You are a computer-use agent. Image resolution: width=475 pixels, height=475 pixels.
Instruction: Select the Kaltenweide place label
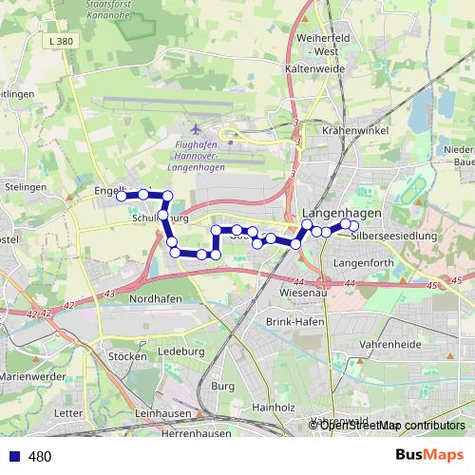pos(313,69)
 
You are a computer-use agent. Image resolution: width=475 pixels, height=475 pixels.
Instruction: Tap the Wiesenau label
pos(305,293)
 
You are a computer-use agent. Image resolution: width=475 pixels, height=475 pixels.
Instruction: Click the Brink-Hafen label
pos(294,324)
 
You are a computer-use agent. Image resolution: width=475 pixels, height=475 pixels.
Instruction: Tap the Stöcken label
pos(128,356)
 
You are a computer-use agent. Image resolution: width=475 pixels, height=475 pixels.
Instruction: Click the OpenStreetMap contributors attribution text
pos(392,426)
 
